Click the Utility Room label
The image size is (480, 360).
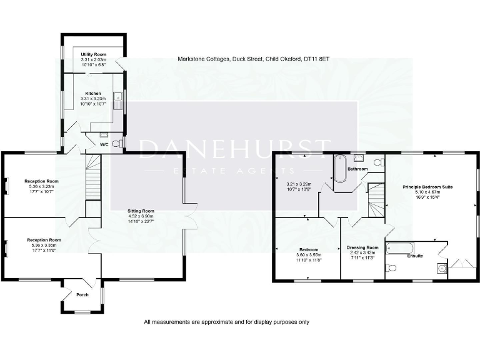pyautogui.click(x=93, y=54)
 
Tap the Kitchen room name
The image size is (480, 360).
pyautogui.click(x=93, y=93)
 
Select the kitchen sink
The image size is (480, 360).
pyautogui.click(x=117, y=98)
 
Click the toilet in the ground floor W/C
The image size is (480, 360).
pyautogui.click(x=117, y=143)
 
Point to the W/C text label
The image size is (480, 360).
pyautogui.click(x=106, y=144)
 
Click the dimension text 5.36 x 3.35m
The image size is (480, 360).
pyautogui.click(x=43, y=246)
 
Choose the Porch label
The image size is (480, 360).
pyautogui.click(x=82, y=294)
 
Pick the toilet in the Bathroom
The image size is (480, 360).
pyautogui.click(x=377, y=162)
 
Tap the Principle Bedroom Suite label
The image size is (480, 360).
pyautogui.click(x=427, y=187)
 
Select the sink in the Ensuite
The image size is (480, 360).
pyautogui.click(x=442, y=269)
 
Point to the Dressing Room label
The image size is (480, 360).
pyautogui.click(x=362, y=247)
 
